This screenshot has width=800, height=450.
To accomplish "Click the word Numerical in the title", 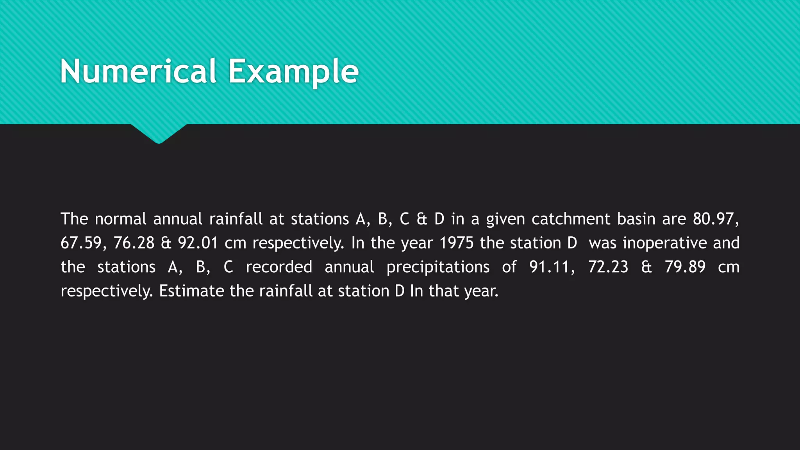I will pos(138,71).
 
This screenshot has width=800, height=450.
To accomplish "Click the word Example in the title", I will pos(293,71).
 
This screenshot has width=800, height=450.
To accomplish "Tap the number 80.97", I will pos(715,219).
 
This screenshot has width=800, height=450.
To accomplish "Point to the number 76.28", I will pos(134,243).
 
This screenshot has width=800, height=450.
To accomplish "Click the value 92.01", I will pos(198,243).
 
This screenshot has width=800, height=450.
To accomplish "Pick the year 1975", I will pos(456,243).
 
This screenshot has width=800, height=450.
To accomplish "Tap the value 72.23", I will pos(608,267).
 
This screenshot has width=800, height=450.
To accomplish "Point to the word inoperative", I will pos(664,243).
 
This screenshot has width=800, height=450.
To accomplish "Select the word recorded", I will pos(279,267).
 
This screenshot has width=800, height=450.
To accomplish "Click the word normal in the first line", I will pos(120,219).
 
